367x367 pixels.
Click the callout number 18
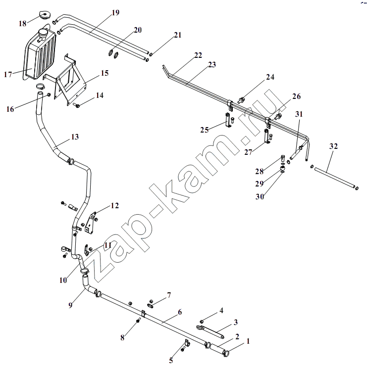click(22, 23)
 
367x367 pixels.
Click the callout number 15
click(105, 73)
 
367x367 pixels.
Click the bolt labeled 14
click(77, 105)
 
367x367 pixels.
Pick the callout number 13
click(75, 137)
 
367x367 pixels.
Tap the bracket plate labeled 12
click(91, 223)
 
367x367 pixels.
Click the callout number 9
click(70, 305)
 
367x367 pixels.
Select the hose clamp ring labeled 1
click(227, 351)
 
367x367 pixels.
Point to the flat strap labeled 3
click(210, 331)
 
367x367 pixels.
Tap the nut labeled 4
click(201, 321)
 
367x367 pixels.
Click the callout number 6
click(180, 312)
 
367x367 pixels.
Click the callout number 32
click(333, 146)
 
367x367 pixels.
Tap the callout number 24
click(270, 77)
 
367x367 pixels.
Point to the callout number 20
click(138, 30)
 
